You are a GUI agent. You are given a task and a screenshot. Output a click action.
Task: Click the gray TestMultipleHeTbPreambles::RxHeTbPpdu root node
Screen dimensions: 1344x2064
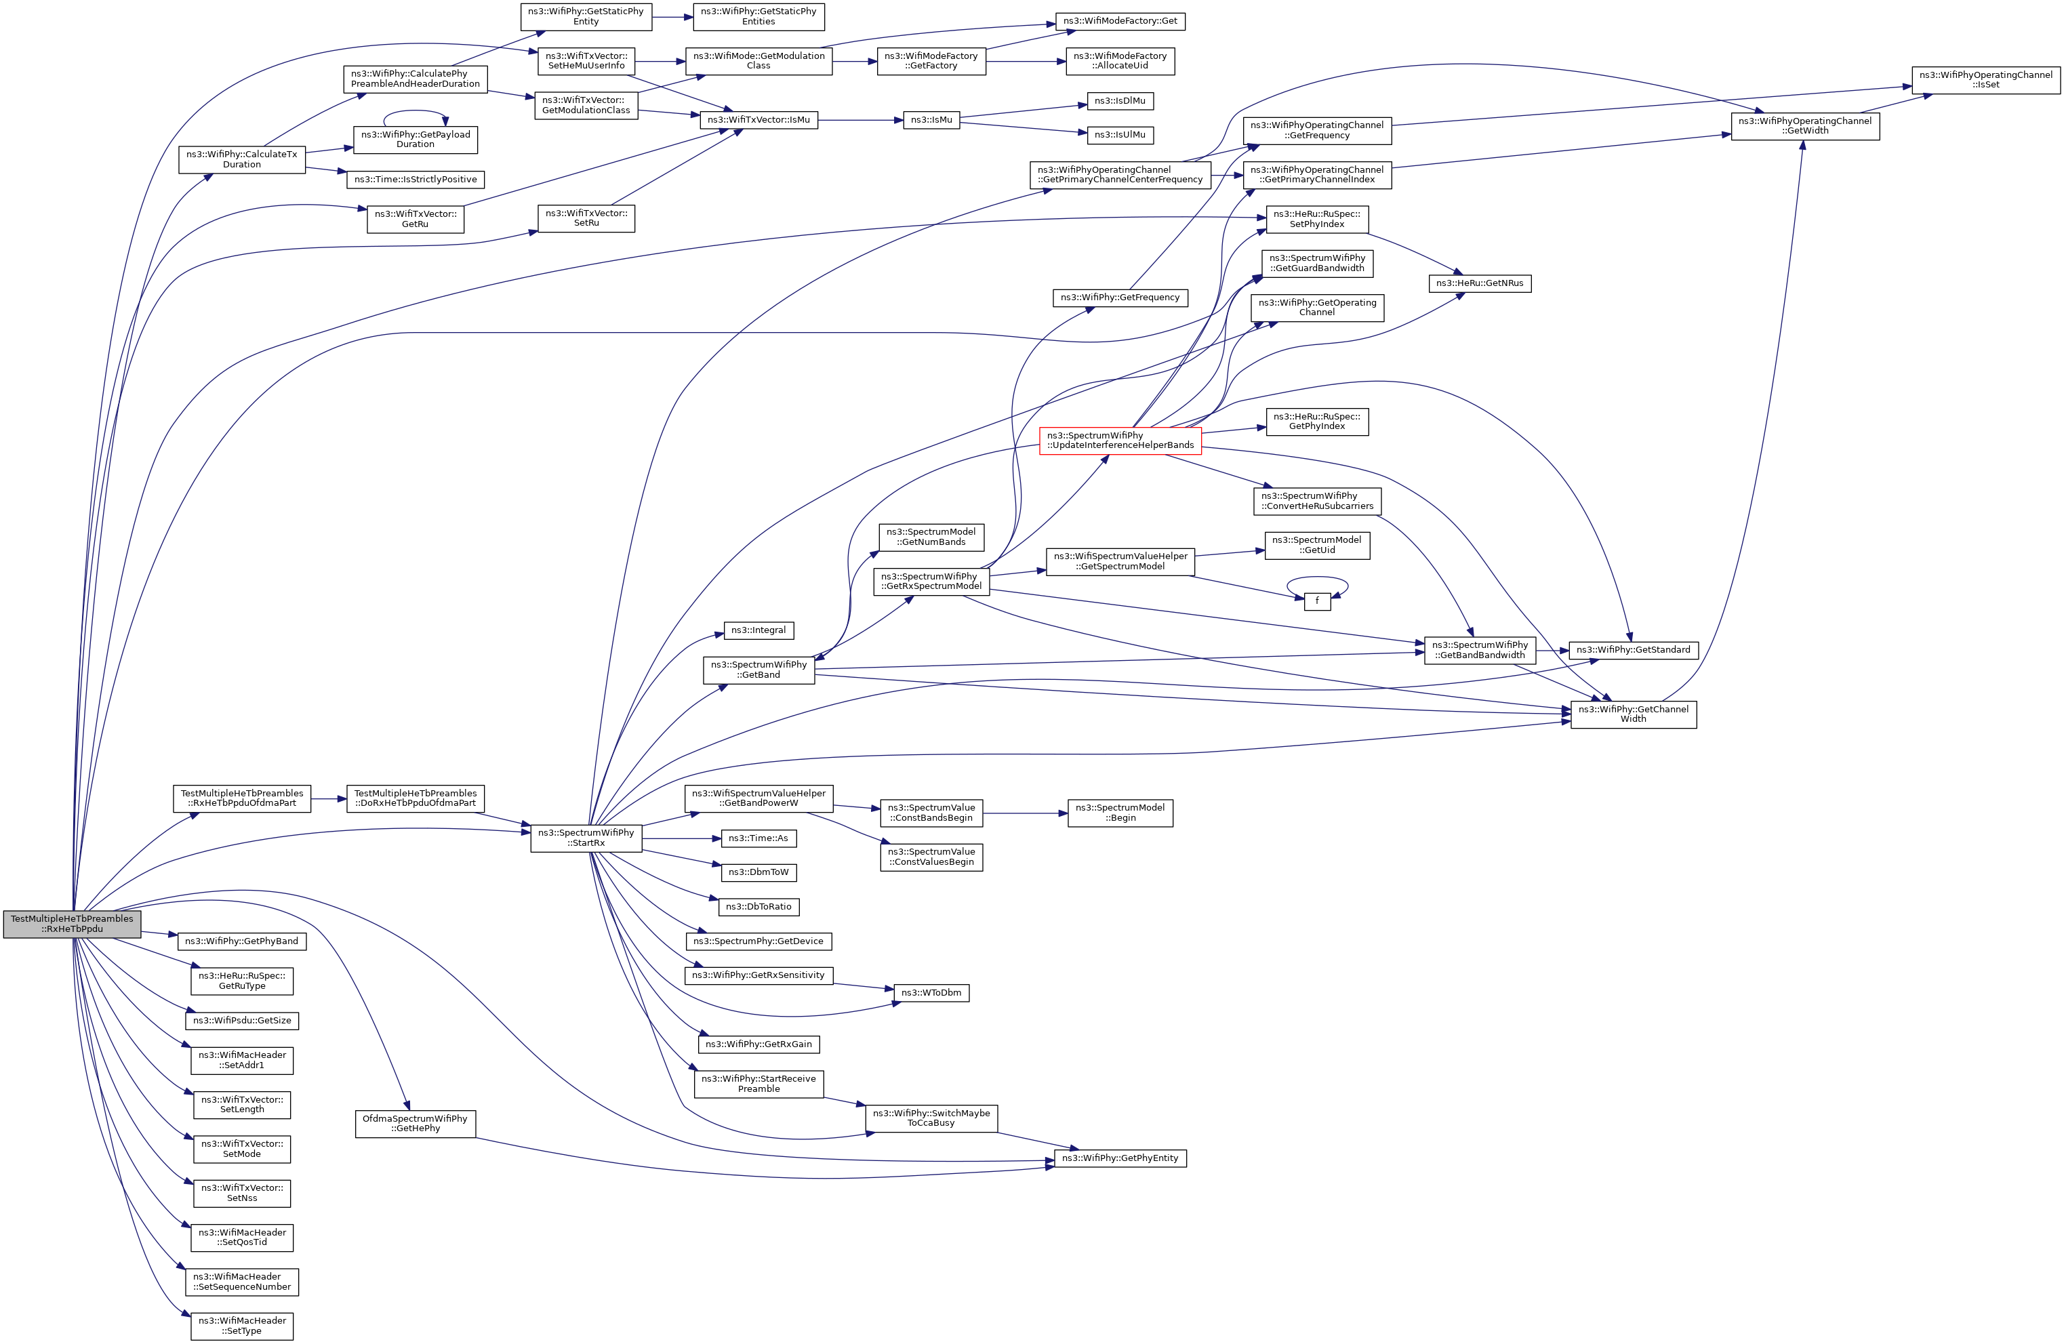pos(72,924)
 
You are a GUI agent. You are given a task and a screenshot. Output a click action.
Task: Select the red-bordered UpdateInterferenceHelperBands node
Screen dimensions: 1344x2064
pos(1120,441)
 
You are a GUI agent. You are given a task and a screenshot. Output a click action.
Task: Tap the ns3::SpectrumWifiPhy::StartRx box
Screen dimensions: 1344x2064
pos(586,838)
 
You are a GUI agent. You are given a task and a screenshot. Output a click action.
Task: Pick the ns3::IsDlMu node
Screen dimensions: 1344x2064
pos(1120,100)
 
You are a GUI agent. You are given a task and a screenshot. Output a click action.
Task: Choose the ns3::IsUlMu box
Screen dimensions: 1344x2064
pos(1120,134)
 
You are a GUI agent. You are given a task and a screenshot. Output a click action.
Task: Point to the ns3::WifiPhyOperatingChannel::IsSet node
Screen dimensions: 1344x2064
pos(1985,80)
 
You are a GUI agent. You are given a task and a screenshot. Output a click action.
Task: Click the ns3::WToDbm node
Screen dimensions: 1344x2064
pos(931,993)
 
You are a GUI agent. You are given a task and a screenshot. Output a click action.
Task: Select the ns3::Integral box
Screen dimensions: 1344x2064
pos(758,630)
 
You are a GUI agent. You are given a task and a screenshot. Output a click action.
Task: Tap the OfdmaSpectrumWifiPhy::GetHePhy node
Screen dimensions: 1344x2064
pos(415,1123)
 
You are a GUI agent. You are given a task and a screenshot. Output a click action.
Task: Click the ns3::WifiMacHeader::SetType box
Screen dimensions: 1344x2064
pos(242,1326)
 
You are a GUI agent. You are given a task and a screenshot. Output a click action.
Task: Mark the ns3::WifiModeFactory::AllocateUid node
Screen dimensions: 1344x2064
pos(1120,61)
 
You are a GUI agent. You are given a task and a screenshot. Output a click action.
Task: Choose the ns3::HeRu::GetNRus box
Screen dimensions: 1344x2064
pos(1480,283)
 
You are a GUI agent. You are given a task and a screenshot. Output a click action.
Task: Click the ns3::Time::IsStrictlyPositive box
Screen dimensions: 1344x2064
pos(416,180)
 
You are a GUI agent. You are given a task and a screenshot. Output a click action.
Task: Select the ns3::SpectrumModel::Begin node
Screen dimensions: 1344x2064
pos(1120,813)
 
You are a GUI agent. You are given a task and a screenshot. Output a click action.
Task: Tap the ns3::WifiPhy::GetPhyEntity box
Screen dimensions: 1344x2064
pos(1120,1158)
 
